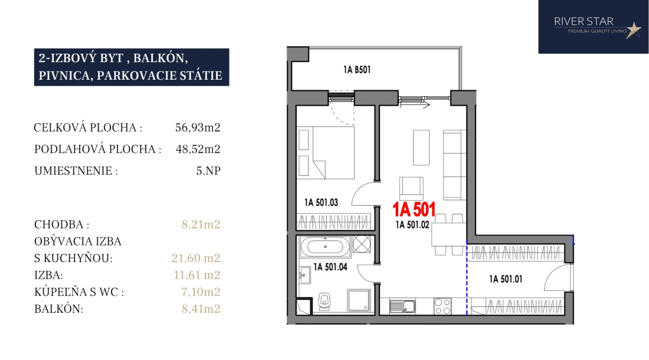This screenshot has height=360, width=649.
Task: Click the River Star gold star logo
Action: (x=633, y=30)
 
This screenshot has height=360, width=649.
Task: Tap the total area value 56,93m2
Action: (x=198, y=127)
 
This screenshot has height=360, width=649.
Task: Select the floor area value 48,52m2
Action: (x=198, y=149)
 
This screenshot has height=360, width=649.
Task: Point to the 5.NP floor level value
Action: (x=208, y=171)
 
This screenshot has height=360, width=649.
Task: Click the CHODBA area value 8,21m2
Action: (x=201, y=224)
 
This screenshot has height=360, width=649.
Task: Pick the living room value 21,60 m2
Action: (x=196, y=258)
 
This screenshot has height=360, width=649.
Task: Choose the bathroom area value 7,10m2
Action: (x=201, y=292)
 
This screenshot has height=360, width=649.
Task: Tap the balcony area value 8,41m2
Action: (x=201, y=309)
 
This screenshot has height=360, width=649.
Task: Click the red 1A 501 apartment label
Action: (x=414, y=210)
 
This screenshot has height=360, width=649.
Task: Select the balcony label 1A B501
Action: (x=357, y=70)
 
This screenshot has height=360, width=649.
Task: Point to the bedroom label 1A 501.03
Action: (x=321, y=202)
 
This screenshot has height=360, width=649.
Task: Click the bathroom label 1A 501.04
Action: (x=330, y=267)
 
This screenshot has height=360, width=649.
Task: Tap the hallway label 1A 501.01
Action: (x=506, y=279)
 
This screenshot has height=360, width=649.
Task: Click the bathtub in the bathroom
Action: (x=325, y=247)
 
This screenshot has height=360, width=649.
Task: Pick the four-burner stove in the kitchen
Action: (x=442, y=307)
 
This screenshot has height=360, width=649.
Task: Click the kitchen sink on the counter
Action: (x=403, y=307)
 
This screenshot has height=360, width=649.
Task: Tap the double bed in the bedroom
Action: (x=326, y=153)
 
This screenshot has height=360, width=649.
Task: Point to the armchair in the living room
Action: (x=411, y=188)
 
